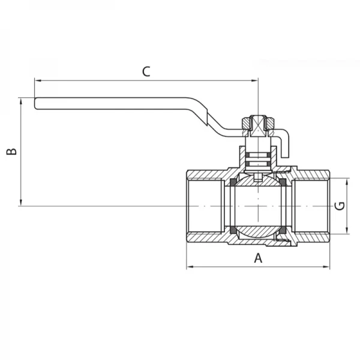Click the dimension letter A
[259, 258]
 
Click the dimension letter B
[11, 151]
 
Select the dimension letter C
[146, 71]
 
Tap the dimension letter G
[339, 206]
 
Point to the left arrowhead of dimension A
[190, 266]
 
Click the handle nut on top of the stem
[257, 124]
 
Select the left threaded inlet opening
[204, 206]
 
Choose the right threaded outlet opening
[312, 206]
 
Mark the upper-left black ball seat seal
[231, 182]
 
